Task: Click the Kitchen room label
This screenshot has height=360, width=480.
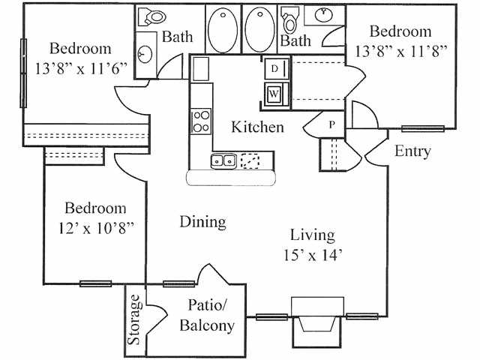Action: point(257,127)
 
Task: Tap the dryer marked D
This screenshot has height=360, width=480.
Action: point(277,69)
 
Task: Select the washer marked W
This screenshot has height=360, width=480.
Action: point(277,94)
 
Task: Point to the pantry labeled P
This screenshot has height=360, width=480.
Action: point(331,124)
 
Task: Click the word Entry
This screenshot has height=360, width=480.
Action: point(412,151)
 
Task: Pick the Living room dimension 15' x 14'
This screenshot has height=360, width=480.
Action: point(312,255)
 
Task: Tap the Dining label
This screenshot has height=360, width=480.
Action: point(203,222)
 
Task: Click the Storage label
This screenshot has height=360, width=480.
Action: point(135,319)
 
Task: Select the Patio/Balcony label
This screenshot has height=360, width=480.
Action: point(207,315)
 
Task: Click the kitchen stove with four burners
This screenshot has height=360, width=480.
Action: point(201,121)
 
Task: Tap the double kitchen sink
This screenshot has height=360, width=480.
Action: point(223,160)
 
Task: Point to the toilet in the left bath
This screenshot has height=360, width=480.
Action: point(151,16)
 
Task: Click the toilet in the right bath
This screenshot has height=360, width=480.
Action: point(290,20)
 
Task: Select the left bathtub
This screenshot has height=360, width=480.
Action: point(223,30)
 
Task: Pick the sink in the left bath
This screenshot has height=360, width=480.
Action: point(145,54)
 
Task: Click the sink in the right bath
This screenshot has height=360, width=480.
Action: point(324,14)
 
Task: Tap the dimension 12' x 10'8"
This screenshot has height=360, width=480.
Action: point(96,228)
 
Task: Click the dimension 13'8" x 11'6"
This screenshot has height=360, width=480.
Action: point(81,69)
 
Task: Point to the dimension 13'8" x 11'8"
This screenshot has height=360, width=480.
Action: point(401,51)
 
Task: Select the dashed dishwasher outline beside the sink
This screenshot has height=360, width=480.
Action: point(250,160)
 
